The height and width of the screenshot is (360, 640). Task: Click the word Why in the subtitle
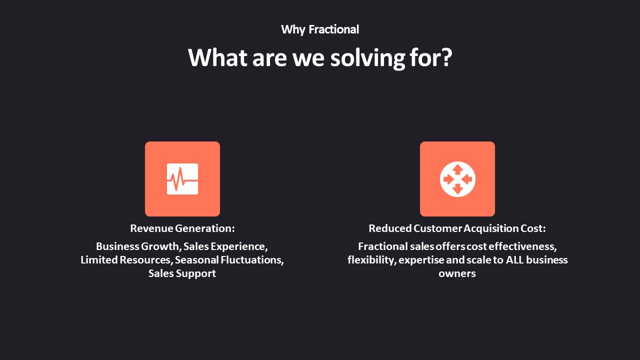293,29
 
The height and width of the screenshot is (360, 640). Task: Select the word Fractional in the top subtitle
333,29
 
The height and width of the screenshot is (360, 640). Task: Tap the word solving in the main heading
367,58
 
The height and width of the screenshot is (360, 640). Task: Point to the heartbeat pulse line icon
182,179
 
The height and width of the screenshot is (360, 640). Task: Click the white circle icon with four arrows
457,179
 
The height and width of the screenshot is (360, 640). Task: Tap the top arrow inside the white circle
457,169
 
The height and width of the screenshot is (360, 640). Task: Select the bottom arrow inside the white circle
457,189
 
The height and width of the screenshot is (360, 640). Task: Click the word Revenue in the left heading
151,228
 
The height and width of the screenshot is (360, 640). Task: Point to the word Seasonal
197,260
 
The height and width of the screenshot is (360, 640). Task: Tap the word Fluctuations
251,260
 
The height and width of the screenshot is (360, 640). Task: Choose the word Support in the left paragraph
195,273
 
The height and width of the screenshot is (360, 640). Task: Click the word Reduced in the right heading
390,228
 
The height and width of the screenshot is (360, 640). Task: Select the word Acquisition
491,228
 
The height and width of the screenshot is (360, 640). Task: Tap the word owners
457,274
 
